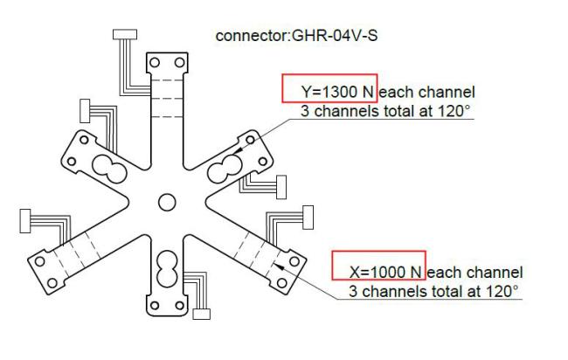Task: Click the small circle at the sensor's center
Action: point(166,203)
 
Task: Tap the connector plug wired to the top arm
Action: point(127,34)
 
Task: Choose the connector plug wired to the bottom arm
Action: point(203,315)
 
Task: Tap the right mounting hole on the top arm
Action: point(179,64)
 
